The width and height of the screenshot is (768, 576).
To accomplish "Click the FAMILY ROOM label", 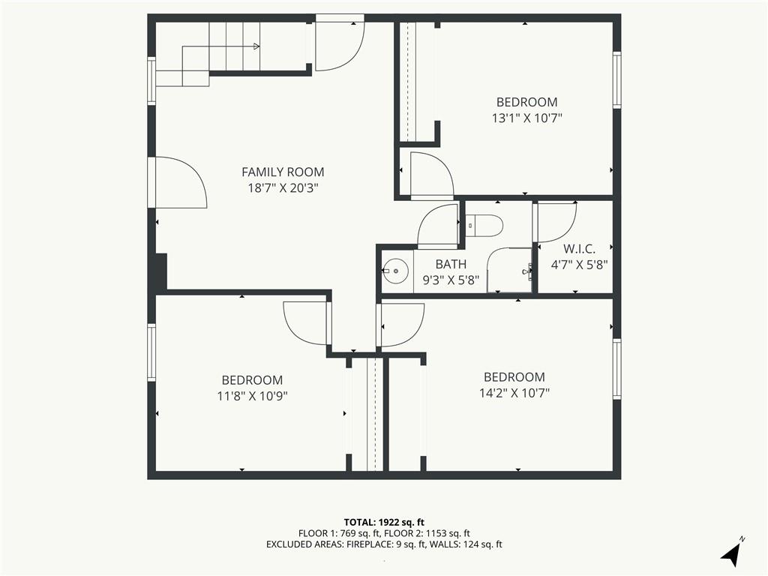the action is pos(283,172).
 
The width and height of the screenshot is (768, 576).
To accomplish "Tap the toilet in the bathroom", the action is pos(484,226).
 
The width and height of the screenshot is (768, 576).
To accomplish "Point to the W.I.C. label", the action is pos(580,249).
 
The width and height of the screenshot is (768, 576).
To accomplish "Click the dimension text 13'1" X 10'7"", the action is pos(526,118).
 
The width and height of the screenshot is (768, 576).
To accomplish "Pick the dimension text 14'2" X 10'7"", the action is pos(514,393).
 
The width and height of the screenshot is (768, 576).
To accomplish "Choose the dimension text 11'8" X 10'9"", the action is pos(252,396).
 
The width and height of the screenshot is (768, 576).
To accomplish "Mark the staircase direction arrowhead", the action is pos(256,46).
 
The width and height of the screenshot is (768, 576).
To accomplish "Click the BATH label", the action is pos(451,265).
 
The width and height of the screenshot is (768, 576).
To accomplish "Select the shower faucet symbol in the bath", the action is pos(527,270).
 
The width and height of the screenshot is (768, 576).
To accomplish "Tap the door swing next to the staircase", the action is pos(339,46).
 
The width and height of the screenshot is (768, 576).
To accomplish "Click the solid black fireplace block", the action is pos(161,271).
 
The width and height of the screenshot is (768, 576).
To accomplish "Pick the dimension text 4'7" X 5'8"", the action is pos(580,265).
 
